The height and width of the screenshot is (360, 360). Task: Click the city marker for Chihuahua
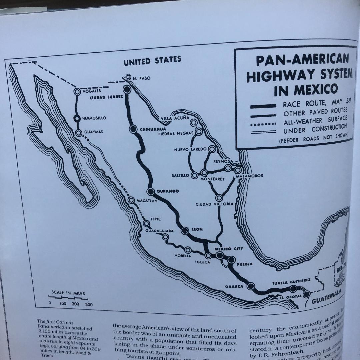tap(133, 129)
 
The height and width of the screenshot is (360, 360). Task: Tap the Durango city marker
tap(151, 191)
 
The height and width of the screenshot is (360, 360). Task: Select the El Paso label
tap(141, 78)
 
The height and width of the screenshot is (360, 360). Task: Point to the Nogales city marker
tap(77, 91)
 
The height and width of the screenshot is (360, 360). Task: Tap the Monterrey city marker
tap(204, 173)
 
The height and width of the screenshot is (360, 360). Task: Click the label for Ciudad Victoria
tap(214, 204)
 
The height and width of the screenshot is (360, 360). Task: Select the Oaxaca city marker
tap(251, 286)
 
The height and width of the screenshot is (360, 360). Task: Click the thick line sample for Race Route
tap(263, 106)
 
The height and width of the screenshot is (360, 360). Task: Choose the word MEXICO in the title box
tap(306, 89)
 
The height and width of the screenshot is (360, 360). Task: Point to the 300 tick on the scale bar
tap(89, 304)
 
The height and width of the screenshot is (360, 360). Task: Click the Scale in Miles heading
tap(68, 293)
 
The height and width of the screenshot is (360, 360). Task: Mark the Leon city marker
tap(185, 230)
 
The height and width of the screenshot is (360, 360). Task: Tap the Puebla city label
tap(244, 264)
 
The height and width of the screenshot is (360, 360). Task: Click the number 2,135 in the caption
tap(44, 332)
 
